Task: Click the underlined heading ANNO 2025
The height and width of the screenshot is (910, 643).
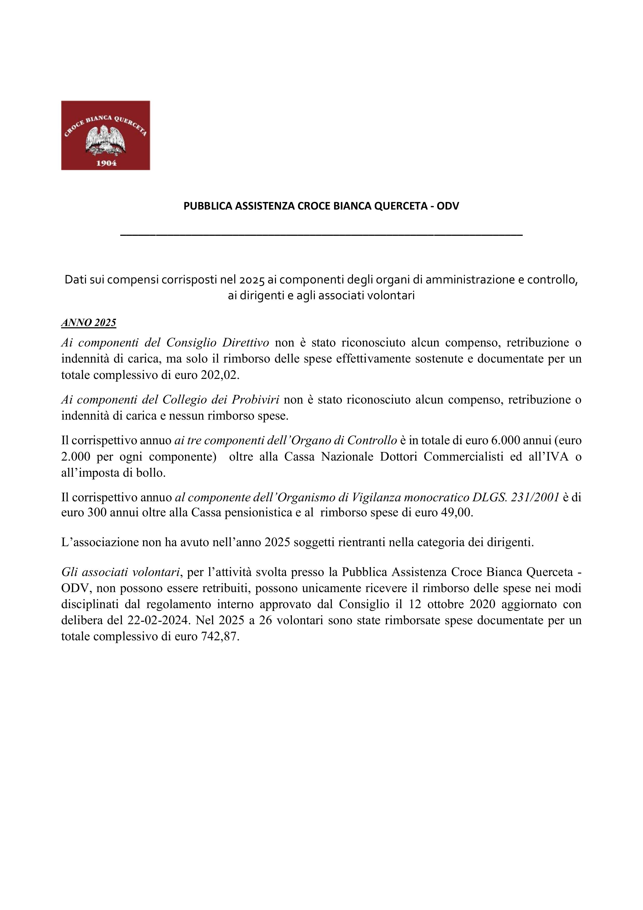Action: coord(88,323)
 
